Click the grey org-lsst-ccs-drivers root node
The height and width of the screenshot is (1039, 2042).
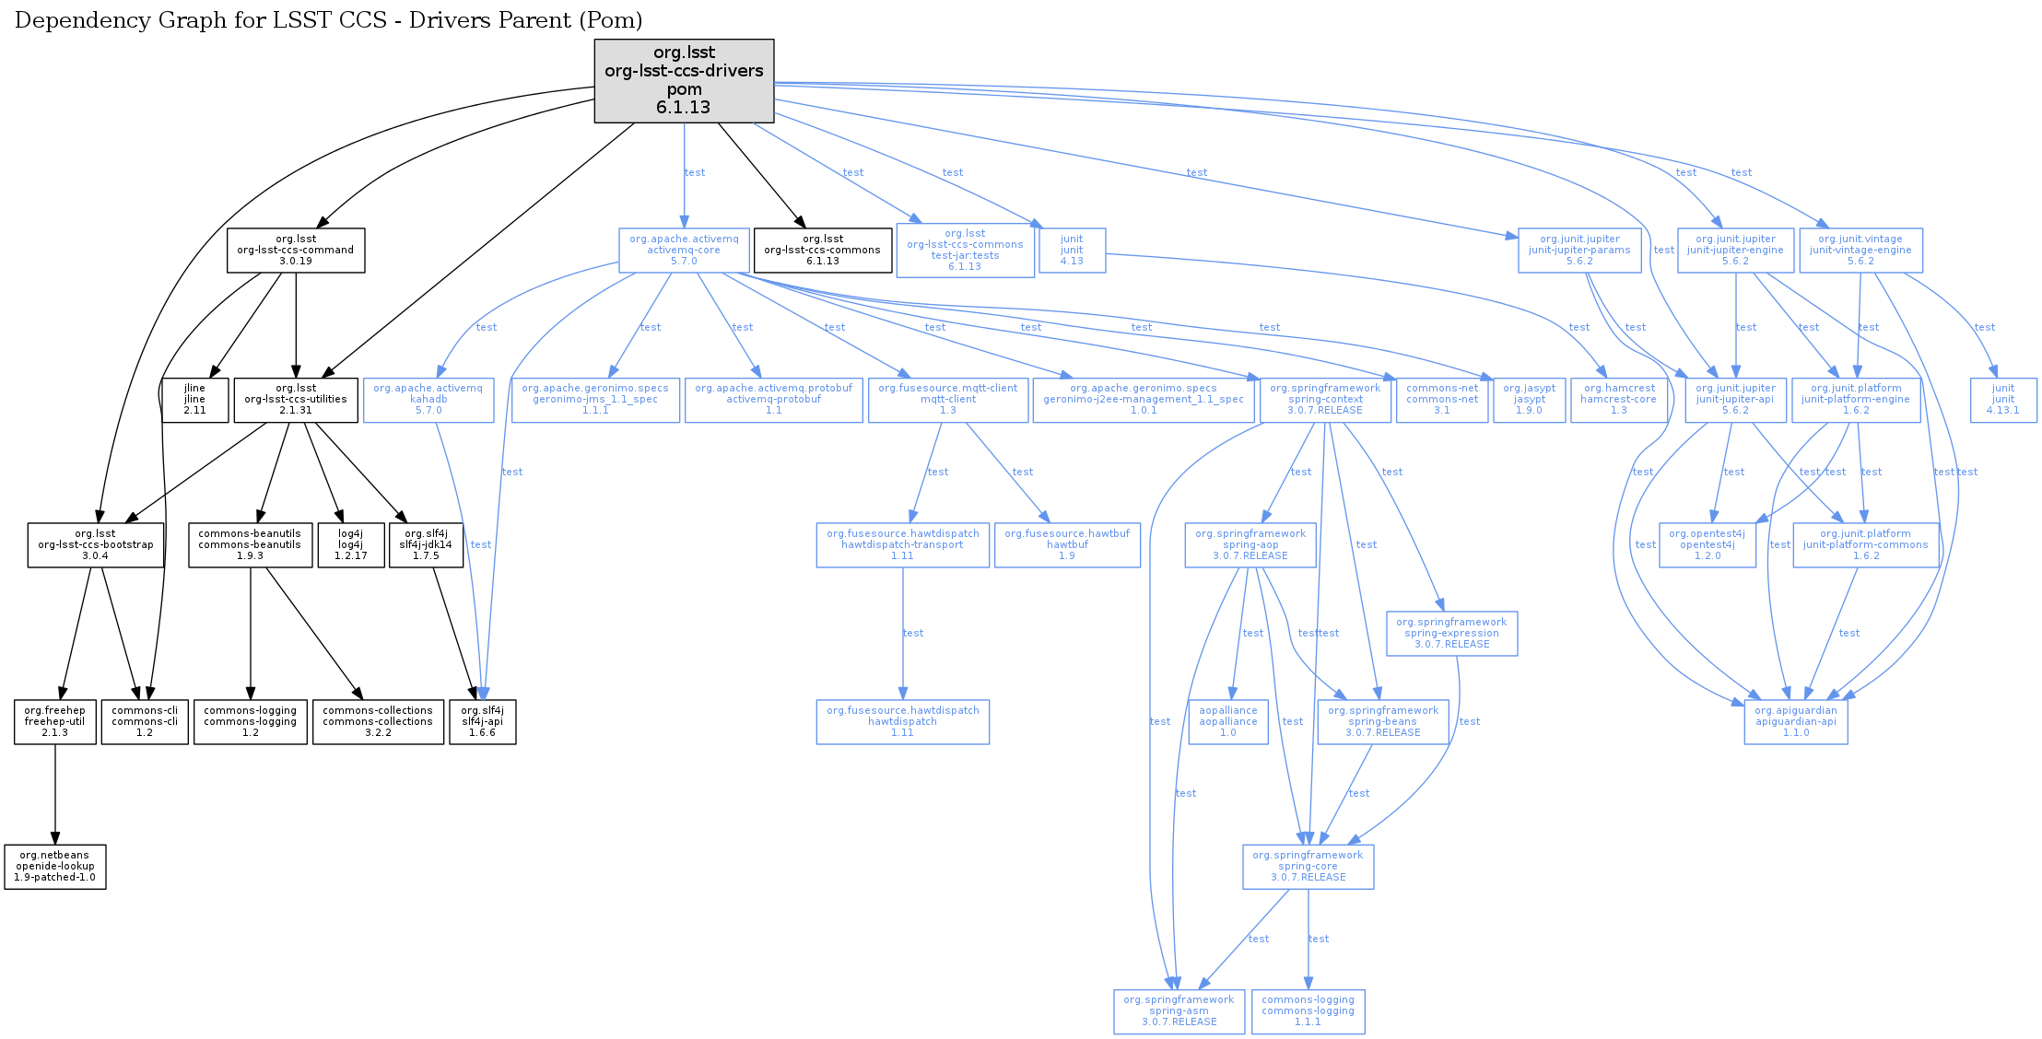pyautogui.click(x=684, y=80)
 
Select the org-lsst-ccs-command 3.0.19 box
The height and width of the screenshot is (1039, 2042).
pyautogui.click(x=296, y=251)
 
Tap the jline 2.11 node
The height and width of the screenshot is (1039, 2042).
pyautogui.click(x=194, y=400)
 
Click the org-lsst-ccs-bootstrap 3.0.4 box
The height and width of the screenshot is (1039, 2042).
pyautogui.click(x=96, y=545)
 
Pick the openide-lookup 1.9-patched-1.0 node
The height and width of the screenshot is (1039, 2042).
pyautogui.click(x=55, y=867)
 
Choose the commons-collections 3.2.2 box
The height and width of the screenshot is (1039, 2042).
pyautogui.click(x=378, y=722)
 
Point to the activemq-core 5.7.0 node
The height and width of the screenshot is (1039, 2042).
pyautogui.click(x=684, y=251)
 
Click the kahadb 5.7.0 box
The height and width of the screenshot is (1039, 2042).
pyautogui.click(x=428, y=400)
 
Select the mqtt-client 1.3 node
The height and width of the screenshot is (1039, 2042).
pyautogui.click(x=947, y=400)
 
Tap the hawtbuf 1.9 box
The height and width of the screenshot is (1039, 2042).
pyautogui.click(x=1067, y=545)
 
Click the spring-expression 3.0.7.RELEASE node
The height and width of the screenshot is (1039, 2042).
pyautogui.click(x=1451, y=634)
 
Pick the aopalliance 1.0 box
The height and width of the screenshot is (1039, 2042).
pyautogui.click(x=1228, y=722)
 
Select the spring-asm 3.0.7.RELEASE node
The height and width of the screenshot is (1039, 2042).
pyautogui.click(x=1179, y=1011)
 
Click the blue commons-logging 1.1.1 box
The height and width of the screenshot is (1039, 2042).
pyautogui.click(x=1308, y=1011)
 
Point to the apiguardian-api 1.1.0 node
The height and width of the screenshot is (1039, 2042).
pyautogui.click(x=1795, y=722)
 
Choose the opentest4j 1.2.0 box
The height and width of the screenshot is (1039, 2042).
pyautogui.click(x=1707, y=545)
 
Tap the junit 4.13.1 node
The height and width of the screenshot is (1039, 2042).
pyautogui.click(x=2003, y=400)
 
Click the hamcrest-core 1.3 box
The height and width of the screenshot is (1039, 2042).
pyautogui.click(x=1619, y=400)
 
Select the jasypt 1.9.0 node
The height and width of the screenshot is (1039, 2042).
pyautogui.click(x=1529, y=400)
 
